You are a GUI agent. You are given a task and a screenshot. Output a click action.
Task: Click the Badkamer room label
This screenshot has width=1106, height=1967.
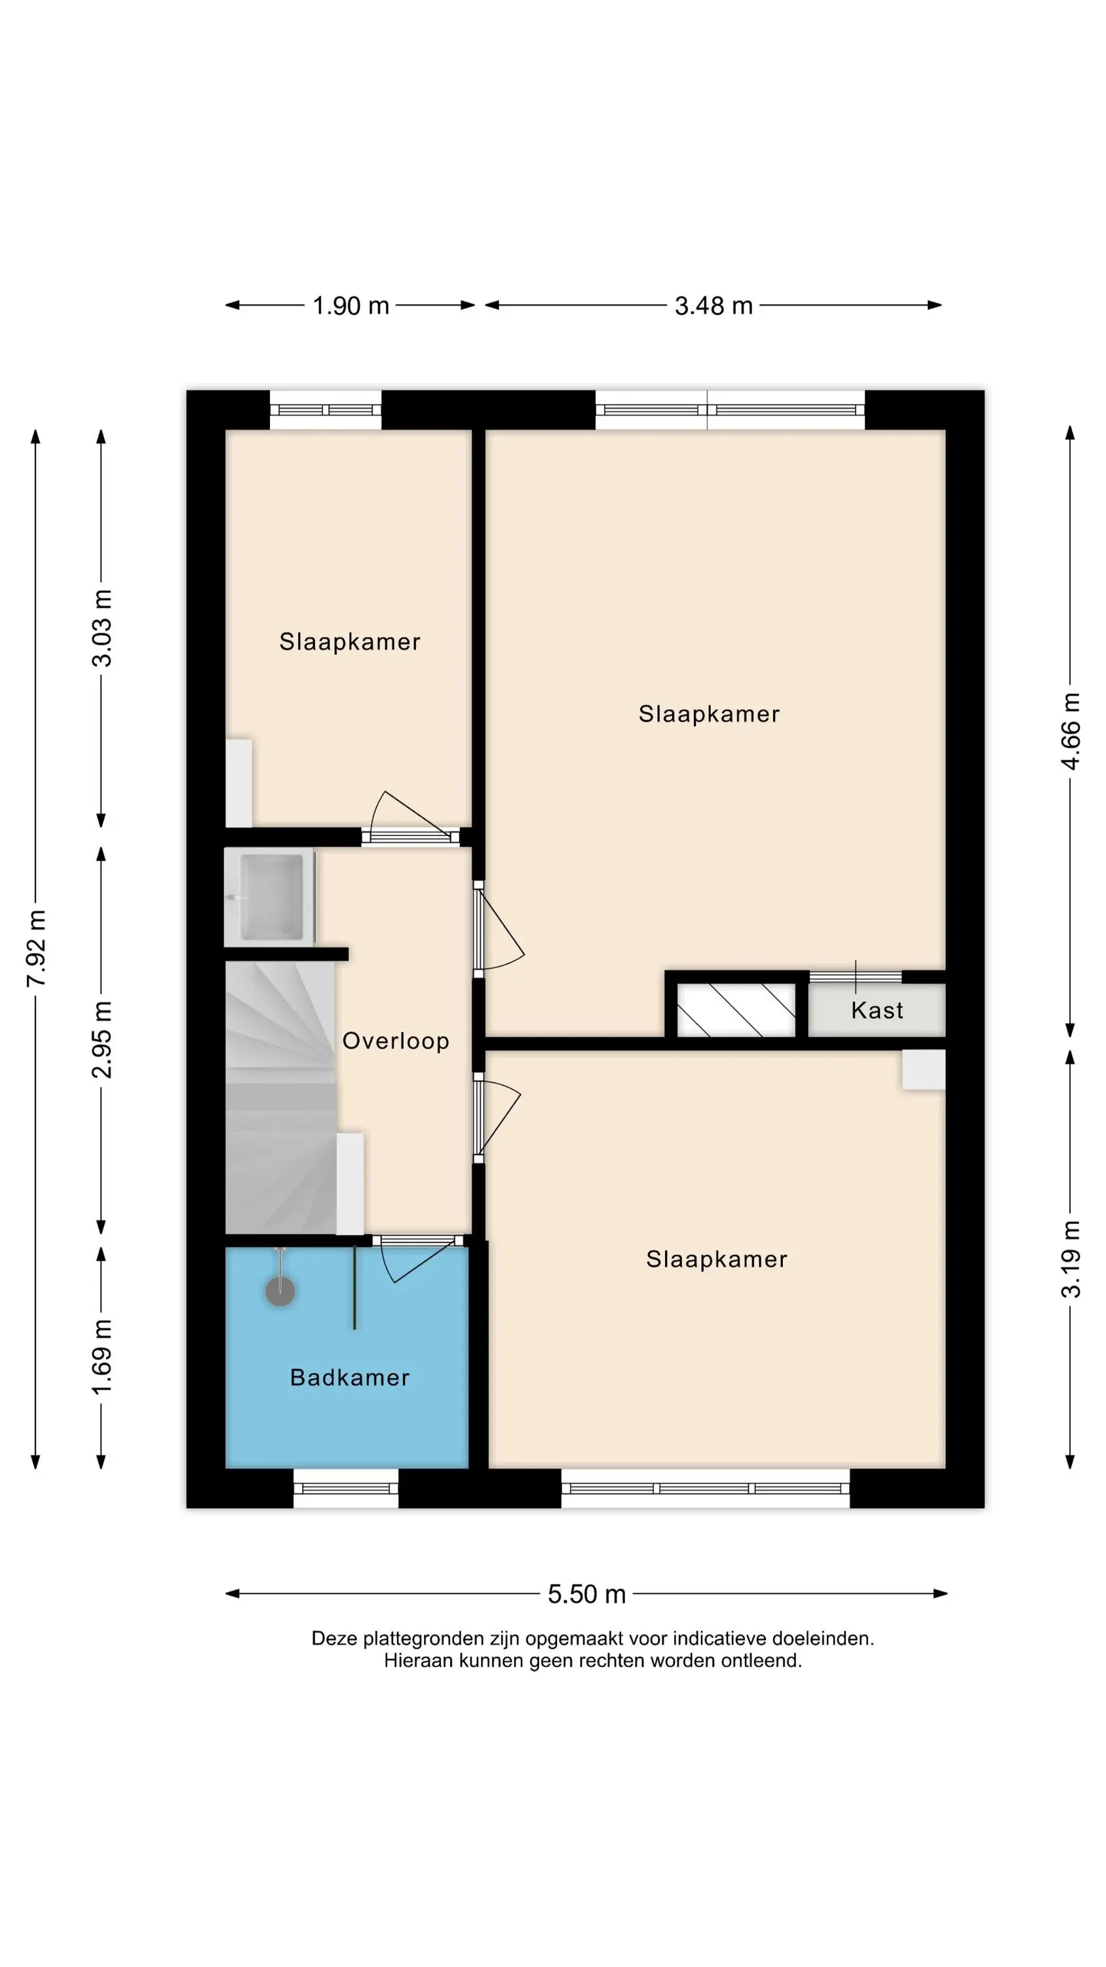[x=350, y=1378]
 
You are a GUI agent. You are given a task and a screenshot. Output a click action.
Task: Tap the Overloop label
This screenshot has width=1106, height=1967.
[x=395, y=1041]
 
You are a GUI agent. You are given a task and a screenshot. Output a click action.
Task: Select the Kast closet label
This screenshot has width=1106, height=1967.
[x=877, y=1010]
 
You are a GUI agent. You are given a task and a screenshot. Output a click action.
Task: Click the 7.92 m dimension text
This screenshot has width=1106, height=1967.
[x=36, y=947]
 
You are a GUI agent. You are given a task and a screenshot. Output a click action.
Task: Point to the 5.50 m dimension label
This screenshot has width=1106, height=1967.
[x=586, y=1594]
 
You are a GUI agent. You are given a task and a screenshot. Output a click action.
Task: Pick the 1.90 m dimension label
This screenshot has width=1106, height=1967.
[x=351, y=306]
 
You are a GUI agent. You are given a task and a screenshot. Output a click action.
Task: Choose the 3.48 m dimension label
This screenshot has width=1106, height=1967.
[x=714, y=306]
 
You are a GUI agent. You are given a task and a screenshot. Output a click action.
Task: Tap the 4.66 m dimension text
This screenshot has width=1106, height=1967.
[x=1071, y=731]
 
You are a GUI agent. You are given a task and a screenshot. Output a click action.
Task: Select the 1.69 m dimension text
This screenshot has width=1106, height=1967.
[x=102, y=1356]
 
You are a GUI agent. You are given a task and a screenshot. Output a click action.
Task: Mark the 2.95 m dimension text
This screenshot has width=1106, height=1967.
[x=102, y=1039]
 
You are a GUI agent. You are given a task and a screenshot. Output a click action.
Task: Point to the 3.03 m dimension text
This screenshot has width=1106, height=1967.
[x=102, y=628]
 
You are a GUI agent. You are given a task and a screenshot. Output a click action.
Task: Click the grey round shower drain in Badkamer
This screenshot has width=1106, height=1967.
[x=280, y=1291]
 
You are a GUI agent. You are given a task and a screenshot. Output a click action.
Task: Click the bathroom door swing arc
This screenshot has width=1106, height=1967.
[x=388, y=1265]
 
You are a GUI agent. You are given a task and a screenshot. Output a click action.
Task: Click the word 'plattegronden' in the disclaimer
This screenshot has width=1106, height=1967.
[x=422, y=1639]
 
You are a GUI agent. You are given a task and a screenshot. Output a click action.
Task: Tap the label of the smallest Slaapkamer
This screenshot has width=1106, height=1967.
[x=350, y=641]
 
